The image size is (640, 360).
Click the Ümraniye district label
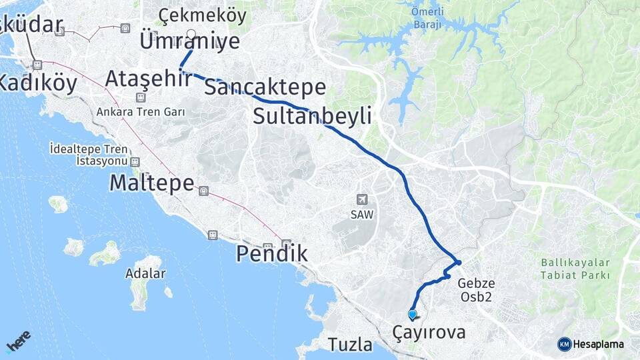click(x=189, y=41)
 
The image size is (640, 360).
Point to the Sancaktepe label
click(x=265, y=87)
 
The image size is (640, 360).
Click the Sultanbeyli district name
click(x=312, y=116)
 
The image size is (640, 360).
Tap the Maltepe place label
click(x=151, y=183)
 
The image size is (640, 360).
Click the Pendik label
click(x=272, y=253)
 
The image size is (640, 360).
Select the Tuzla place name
click(x=350, y=345)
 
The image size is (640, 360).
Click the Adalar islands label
click(x=145, y=273)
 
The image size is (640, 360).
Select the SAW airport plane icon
click(x=361, y=199)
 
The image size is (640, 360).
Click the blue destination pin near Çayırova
click(x=412, y=315)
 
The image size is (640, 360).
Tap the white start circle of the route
click(x=191, y=33)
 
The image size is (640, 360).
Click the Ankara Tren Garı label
click(x=140, y=111)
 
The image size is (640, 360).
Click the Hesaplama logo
click(x=591, y=344)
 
